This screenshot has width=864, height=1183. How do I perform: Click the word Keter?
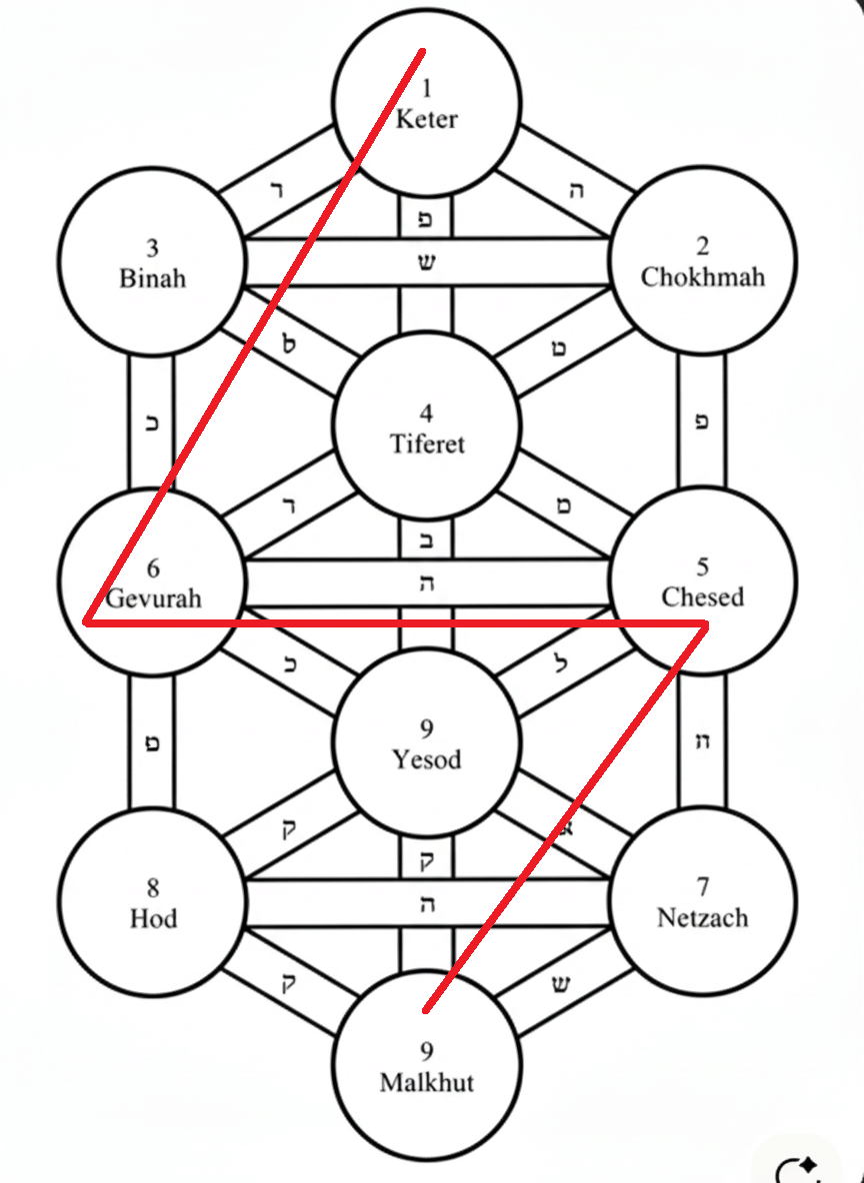pyautogui.click(x=427, y=120)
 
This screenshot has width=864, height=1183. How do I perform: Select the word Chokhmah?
pyautogui.click(x=703, y=277)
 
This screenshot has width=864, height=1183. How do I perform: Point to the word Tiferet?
pyautogui.click(x=427, y=444)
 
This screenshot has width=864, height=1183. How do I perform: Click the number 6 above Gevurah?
pyautogui.click(x=153, y=569)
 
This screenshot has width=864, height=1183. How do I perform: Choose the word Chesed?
pyautogui.click(x=703, y=597)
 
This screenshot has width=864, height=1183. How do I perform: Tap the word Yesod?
pyautogui.click(x=427, y=759)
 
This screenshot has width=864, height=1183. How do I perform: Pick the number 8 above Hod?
pyautogui.click(x=153, y=888)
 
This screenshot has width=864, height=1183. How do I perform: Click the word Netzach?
pyautogui.click(x=703, y=917)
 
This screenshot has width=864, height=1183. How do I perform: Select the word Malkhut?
pyautogui.click(x=427, y=1083)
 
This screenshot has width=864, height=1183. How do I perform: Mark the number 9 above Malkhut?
pyautogui.click(x=427, y=1051)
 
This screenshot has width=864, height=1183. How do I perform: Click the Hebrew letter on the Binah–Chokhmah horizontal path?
pyautogui.click(x=427, y=263)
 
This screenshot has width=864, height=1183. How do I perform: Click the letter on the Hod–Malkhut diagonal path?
pyautogui.click(x=288, y=981)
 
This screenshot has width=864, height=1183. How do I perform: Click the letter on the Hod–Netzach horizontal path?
pyautogui.click(x=427, y=904)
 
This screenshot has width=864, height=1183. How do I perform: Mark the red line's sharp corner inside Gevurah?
pyautogui.click(x=87, y=621)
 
